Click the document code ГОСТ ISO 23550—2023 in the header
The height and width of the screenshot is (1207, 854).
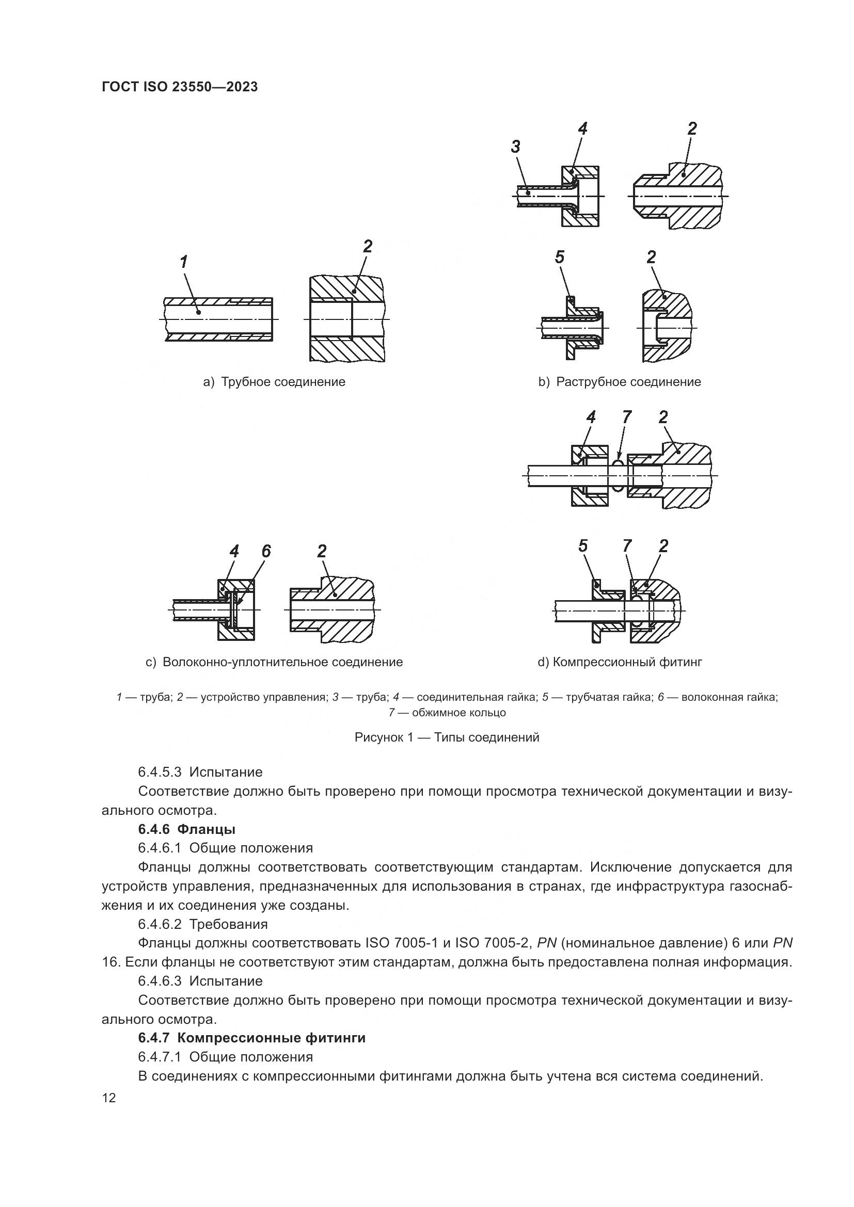pyautogui.click(x=180, y=87)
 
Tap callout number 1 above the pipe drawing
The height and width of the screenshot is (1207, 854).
pyautogui.click(x=183, y=262)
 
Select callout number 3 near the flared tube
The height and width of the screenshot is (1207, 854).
pyautogui.click(x=515, y=147)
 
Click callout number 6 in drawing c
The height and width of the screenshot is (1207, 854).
pyautogui.click(x=266, y=551)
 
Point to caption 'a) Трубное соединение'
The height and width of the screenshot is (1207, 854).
pyautogui.click(x=274, y=382)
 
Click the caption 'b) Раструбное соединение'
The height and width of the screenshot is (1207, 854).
pyautogui.click(x=620, y=382)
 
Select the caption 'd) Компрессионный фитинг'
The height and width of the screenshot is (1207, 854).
pyautogui.click(x=620, y=662)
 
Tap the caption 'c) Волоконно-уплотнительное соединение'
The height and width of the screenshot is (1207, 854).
pyautogui.click(x=274, y=662)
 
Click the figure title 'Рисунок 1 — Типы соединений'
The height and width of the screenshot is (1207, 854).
pyautogui.click(x=447, y=737)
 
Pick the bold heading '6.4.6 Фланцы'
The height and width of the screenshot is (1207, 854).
pyautogui.click(x=187, y=829)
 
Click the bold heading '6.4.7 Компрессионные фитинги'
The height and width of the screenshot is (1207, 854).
pyautogui.click(x=251, y=1038)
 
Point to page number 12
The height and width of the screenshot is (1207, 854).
pyautogui.click(x=109, y=1097)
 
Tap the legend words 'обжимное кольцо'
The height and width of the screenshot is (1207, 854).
pyautogui.click(x=459, y=713)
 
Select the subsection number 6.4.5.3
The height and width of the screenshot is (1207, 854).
pyautogui.click(x=160, y=773)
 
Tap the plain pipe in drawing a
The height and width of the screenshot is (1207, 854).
pyautogui.click(x=218, y=319)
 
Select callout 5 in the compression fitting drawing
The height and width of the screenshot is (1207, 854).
pyautogui.click(x=582, y=546)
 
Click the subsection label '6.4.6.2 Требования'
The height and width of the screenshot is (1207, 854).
pyautogui.click(x=203, y=924)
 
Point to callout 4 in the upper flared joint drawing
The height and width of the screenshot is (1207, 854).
pyautogui.click(x=582, y=129)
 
